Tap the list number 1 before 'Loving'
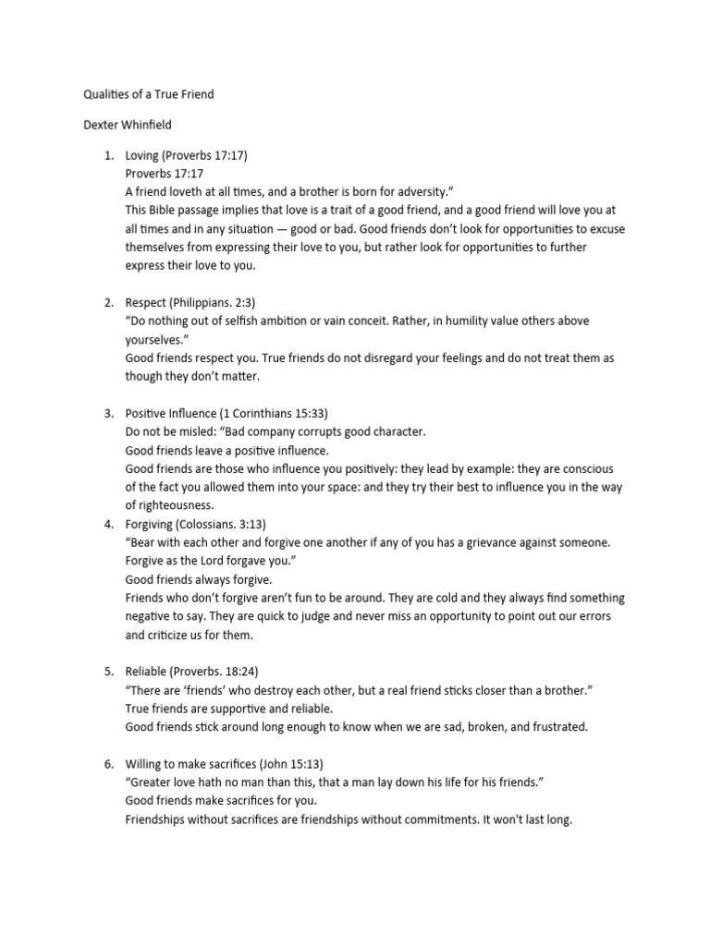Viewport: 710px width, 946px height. pos(107,156)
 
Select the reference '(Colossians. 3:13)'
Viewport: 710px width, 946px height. pos(230,524)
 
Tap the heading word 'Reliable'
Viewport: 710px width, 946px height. pos(147,671)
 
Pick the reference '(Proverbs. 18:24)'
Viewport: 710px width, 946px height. pos(219,671)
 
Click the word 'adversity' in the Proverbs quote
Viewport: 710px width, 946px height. pos(420,192)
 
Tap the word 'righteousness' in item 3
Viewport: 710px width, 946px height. pos(170,505)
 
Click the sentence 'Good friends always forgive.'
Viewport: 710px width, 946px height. pos(199,579)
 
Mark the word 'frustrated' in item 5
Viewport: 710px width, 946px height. pos(555,727)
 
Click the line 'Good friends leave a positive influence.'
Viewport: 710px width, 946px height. pos(227,450)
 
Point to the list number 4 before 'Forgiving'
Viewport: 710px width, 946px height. pos(107,524)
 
